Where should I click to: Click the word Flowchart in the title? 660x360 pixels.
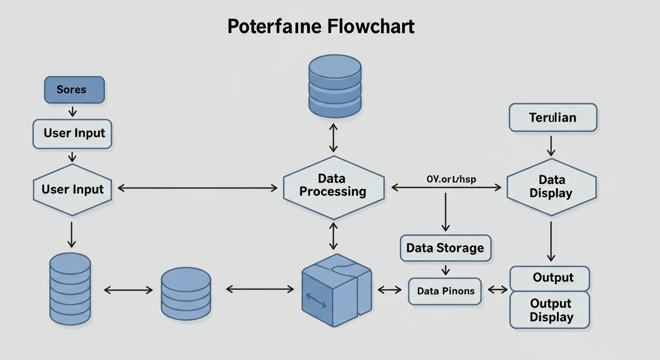[x=371, y=27]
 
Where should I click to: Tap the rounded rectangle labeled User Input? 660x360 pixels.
[x=73, y=134]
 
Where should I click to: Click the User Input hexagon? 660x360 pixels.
[x=72, y=189]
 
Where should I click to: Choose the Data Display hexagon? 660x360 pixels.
[x=551, y=187]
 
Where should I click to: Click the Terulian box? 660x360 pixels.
[x=553, y=117]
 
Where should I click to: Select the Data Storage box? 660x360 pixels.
[x=445, y=247]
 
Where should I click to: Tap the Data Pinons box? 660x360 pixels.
[x=445, y=291]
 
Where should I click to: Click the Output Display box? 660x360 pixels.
[x=551, y=310]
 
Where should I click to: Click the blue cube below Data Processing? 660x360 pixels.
[x=336, y=291]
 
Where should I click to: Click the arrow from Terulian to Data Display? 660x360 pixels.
[x=551, y=145]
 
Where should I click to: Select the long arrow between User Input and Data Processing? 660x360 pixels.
[x=197, y=188]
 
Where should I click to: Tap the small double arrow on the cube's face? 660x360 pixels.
[x=316, y=300]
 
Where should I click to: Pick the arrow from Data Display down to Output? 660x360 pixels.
[x=551, y=241]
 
